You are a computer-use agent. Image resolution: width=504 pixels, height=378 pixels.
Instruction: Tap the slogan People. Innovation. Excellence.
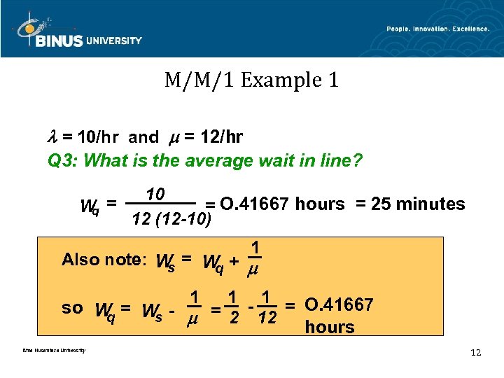[437, 29]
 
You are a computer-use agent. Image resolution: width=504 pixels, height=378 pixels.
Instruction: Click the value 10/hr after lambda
[99, 135]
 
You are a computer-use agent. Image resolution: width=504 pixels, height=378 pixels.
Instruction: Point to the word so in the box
[72, 307]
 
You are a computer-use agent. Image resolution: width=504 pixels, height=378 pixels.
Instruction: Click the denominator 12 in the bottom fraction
[267, 318]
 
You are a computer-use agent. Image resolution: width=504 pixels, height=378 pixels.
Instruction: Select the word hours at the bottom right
[330, 327]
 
